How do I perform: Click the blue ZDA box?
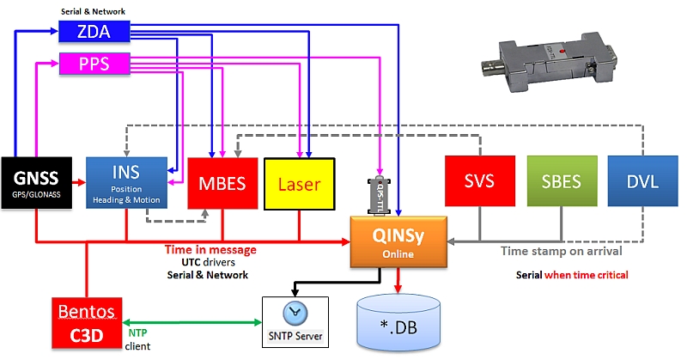(94, 32)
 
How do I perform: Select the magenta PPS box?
(94, 64)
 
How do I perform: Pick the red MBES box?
(222, 183)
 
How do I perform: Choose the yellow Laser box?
(298, 183)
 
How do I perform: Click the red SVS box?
(479, 183)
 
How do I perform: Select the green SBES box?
(561, 183)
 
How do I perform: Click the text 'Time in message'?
(210, 249)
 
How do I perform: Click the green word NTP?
(138, 331)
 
